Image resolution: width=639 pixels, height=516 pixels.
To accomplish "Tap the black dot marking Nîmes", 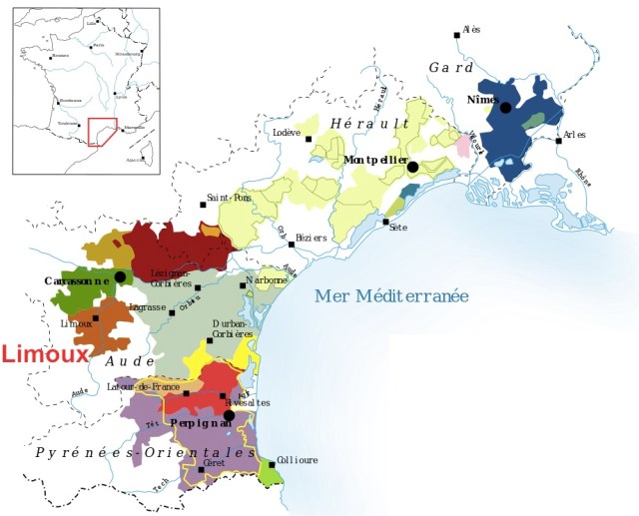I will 506,107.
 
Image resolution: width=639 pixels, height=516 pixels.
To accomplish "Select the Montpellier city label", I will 375,160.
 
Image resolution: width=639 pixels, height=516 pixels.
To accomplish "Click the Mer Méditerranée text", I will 391,295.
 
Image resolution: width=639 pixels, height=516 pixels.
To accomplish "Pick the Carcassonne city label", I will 76,281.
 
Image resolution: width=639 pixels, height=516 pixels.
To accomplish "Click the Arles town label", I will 574,135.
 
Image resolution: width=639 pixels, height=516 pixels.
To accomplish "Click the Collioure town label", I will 298,460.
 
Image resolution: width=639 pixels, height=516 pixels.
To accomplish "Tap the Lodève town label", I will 287,132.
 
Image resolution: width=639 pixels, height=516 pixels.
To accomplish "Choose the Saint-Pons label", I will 229,198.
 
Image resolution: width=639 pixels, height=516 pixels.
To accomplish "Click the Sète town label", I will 398,229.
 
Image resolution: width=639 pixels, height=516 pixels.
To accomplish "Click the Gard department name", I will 451,67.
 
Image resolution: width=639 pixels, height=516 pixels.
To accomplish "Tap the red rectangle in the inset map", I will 102,132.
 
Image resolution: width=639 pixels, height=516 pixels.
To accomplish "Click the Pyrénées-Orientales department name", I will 147,452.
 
